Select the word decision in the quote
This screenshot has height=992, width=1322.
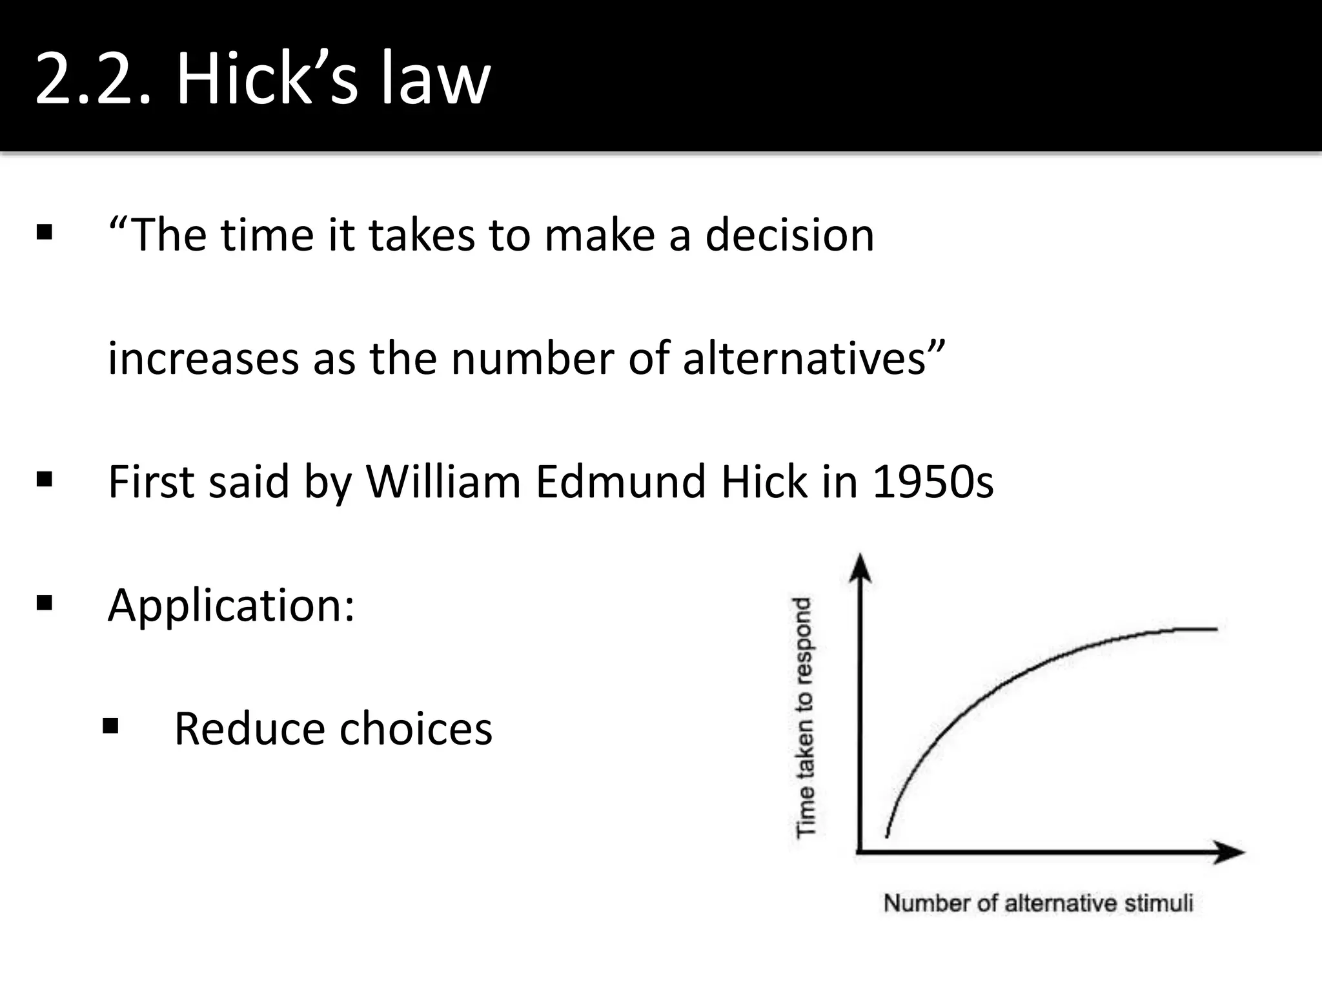point(789,235)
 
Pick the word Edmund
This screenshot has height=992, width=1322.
point(620,482)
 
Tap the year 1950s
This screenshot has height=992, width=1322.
point(933,482)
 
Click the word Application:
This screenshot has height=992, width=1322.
point(231,606)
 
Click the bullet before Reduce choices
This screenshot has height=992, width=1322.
point(110,727)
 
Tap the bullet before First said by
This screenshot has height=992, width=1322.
point(45,480)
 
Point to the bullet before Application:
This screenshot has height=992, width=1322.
point(45,603)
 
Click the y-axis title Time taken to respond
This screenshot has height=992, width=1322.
point(804,717)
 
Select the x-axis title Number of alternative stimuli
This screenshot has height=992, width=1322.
point(1038,903)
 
